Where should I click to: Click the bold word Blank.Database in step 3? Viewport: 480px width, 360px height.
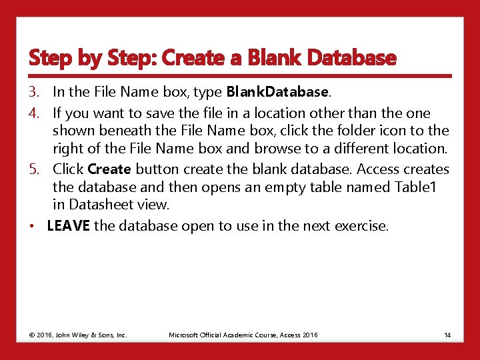pos(277,91)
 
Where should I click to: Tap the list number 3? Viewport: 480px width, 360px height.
pos(34,91)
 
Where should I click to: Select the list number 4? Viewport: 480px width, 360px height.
pos(34,113)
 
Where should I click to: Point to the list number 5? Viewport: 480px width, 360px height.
pos(34,169)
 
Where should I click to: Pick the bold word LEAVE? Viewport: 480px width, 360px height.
pos(69,226)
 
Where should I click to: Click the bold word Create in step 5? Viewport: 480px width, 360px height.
pos(109,169)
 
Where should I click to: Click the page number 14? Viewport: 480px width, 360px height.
pos(447,335)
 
